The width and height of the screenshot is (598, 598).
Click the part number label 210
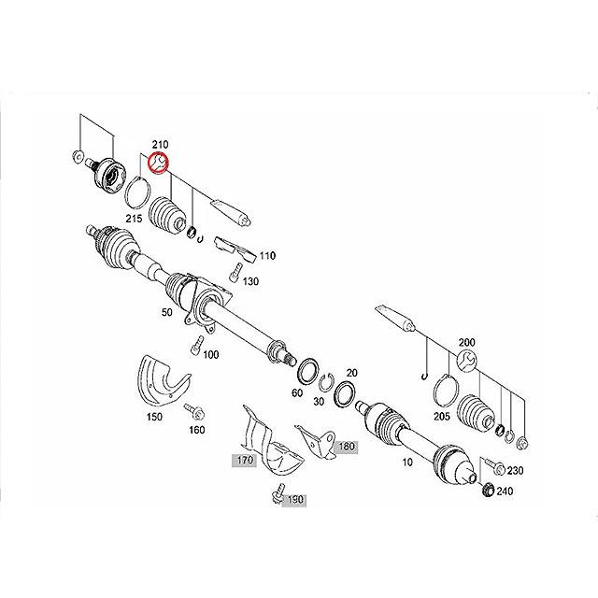(x=160, y=145)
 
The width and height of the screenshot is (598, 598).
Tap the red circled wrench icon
(x=160, y=164)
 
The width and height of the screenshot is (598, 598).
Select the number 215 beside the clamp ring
(x=135, y=218)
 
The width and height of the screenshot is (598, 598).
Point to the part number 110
(x=267, y=255)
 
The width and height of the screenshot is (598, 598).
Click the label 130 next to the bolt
(x=250, y=281)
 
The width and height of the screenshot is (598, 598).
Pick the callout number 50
(x=166, y=313)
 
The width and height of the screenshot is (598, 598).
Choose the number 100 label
(x=211, y=354)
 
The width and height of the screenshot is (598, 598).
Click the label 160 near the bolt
(x=197, y=430)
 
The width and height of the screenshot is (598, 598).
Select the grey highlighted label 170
(x=244, y=460)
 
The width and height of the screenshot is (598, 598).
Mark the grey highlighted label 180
(x=347, y=447)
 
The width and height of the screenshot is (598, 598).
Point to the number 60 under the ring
(x=296, y=393)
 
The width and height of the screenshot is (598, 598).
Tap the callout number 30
(x=320, y=401)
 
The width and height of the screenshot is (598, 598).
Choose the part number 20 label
(x=352, y=372)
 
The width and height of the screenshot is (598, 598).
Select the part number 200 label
(x=467, y=343)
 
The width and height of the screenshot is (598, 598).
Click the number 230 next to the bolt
(x=516, y=470)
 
